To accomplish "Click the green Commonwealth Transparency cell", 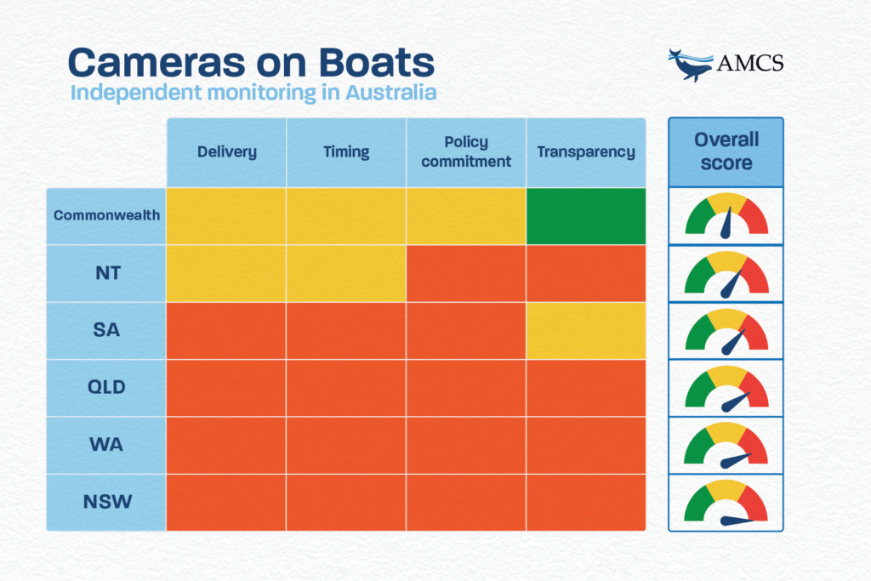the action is point(586,216).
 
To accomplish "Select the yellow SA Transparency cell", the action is point(586,331).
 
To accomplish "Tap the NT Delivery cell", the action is point(226,273).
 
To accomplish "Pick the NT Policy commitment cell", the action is point(466,273).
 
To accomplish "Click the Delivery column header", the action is point(226,152).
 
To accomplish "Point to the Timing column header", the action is point(346,152).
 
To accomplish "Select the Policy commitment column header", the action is point(466,152).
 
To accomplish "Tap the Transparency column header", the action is point(586,152).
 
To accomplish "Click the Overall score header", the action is point(726,151).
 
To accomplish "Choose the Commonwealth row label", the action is point(106,216).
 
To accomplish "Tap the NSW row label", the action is point(106,502).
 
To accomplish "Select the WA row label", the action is point(106,445).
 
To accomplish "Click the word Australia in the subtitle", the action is point(390,92).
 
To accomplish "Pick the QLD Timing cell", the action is point(346,388).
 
